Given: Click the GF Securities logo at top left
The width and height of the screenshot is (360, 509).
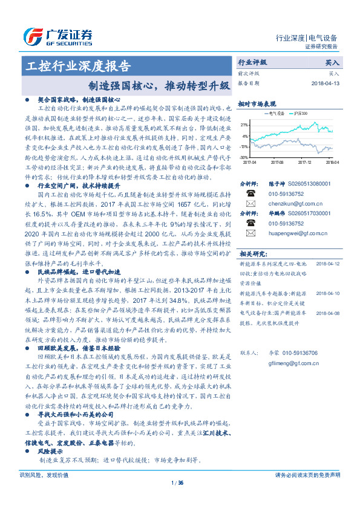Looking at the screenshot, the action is [x=57, y=36].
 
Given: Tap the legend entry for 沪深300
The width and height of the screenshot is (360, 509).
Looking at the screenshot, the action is [x=301, y=113].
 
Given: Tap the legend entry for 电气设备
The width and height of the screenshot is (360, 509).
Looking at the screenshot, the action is [x=272, y=113].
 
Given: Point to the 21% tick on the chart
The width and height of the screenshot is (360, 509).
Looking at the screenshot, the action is [x=244, y=125].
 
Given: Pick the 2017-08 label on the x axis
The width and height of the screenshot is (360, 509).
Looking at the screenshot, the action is [x=278, y=162].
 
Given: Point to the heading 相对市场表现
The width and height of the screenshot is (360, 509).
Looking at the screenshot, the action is [x=257, y=103].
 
